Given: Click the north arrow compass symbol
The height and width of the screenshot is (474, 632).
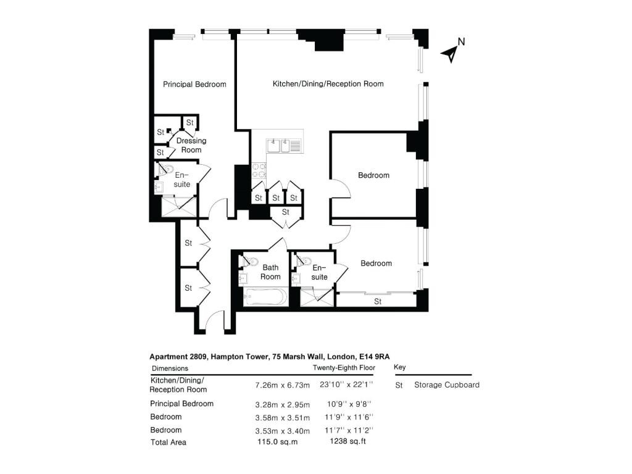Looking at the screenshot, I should coord(452,52).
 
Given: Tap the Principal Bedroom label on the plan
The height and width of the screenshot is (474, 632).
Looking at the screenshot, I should coord(194,85).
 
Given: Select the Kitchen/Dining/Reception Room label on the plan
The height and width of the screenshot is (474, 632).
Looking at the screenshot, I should coord(328,84).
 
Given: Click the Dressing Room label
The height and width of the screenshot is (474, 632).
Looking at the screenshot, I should coord(191,145).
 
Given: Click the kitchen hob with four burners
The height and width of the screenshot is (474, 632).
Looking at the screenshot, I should coord(259,170).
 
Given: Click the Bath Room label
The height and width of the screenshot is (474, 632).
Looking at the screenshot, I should coord(270,272).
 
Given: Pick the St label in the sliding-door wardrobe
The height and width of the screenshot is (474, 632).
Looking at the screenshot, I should coord(378,302).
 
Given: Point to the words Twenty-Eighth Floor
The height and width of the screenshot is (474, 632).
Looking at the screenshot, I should coord(344,368).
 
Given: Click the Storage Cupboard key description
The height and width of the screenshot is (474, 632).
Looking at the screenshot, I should coord(446,385).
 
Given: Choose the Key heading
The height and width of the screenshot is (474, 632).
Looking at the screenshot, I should coord(399,367).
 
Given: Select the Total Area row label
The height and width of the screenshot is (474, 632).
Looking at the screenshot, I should coord(168,442).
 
